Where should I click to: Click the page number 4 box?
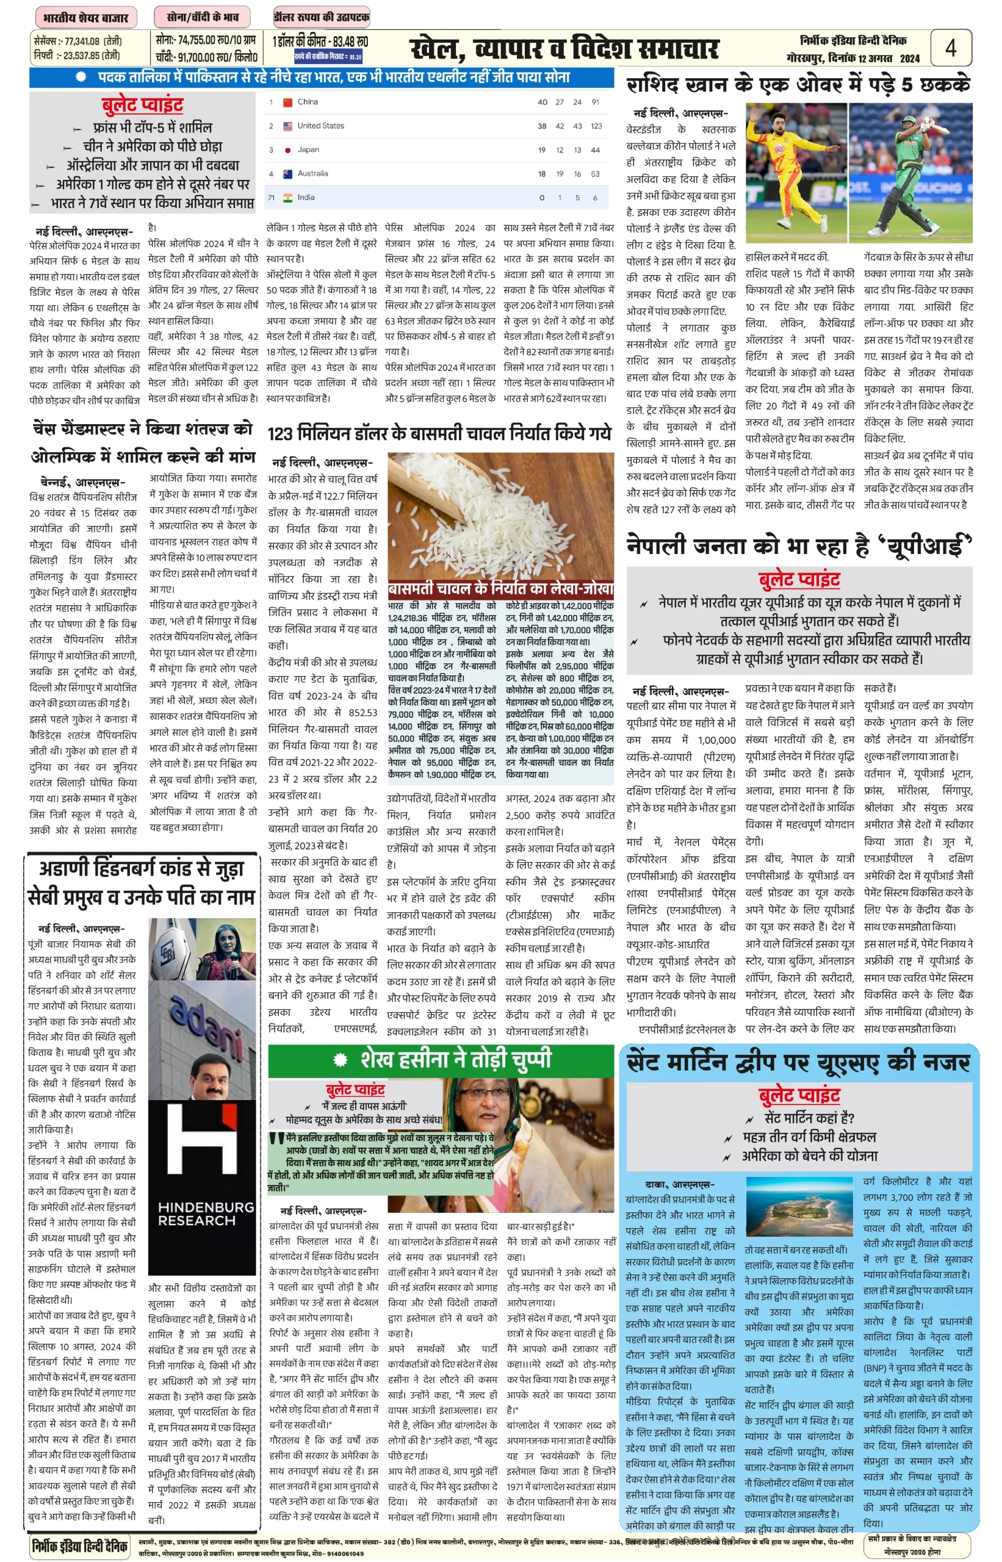(951, 48)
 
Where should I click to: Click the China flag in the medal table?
(287, 102)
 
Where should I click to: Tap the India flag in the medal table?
(287, 198)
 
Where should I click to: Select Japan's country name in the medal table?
(308, 149)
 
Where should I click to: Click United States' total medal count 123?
(596, 126)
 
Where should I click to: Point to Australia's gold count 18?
(541, 174)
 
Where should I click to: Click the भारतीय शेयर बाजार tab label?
(86, 18)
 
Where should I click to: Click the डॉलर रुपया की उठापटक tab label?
(322, 18)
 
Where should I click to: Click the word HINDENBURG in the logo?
(206, 1207)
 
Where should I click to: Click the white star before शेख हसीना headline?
(341, 1060)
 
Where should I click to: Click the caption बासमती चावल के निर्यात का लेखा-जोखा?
(500, 589)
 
